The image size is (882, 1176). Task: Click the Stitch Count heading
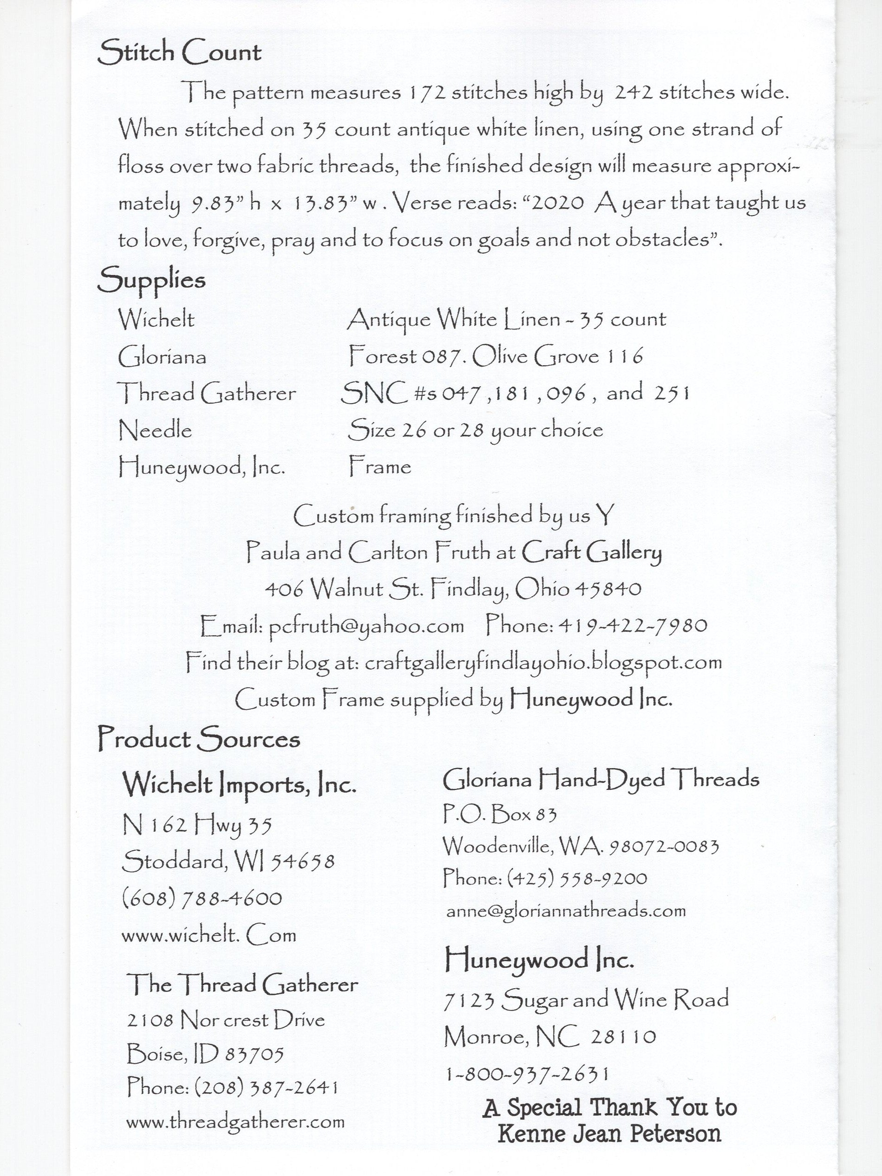point(179,53)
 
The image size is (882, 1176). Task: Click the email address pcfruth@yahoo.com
point(366,626)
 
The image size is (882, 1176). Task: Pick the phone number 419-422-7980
point(632,625)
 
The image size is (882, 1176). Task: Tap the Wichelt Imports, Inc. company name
point(239,785)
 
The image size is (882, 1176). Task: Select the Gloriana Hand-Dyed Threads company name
point(601,779)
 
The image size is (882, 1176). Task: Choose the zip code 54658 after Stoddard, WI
point(303,862)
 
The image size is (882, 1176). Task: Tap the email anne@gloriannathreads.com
point(566,911)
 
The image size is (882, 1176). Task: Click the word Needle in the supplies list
point(155,430)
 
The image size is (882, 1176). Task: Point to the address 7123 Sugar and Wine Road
point(586,1000)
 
